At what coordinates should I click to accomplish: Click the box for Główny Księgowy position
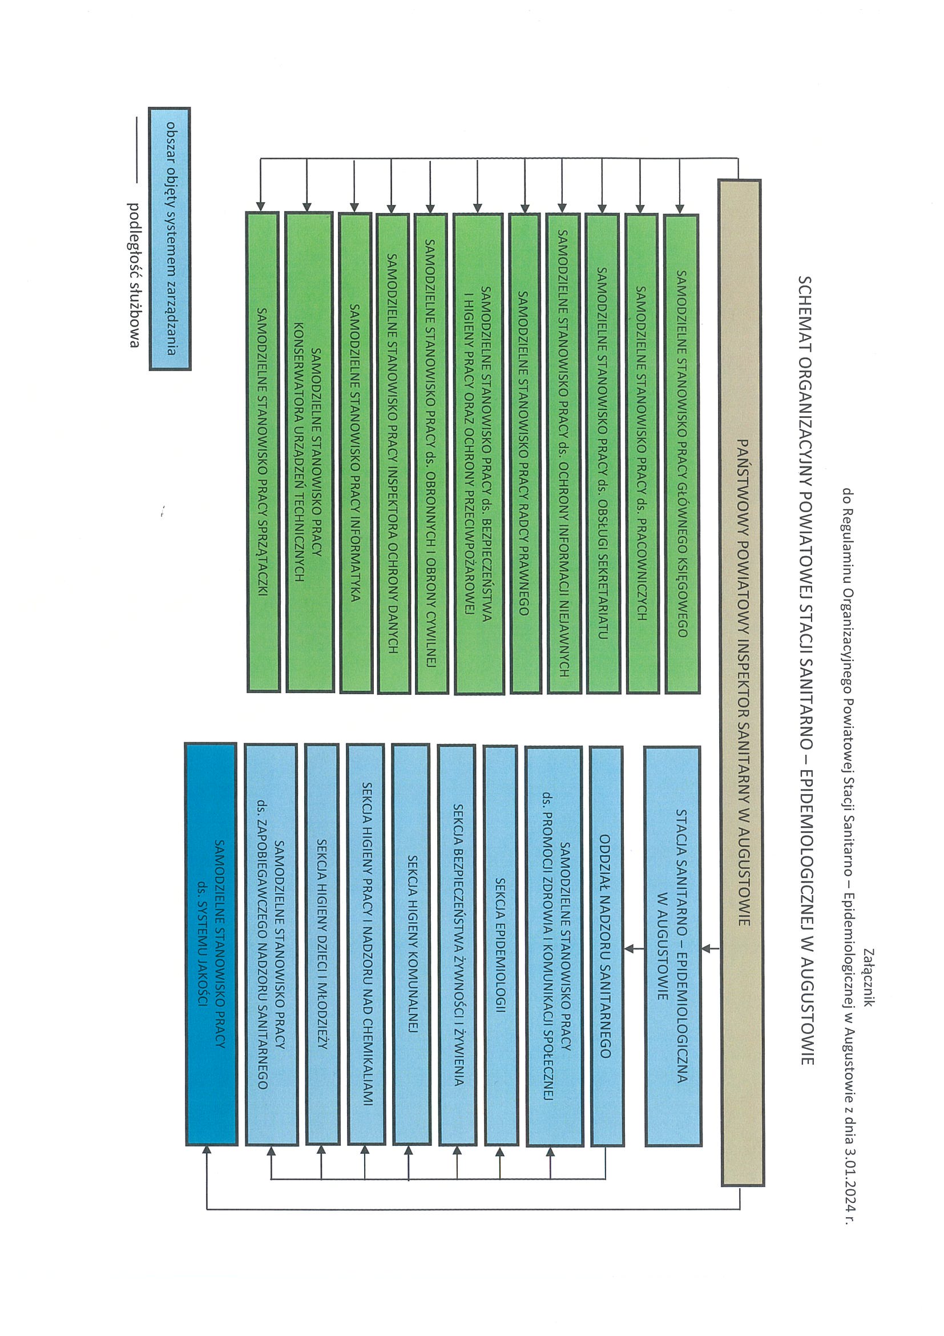tap(681, 454)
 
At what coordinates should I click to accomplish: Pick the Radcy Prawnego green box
tap(525, 454)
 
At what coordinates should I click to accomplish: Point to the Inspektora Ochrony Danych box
tap(393, 454)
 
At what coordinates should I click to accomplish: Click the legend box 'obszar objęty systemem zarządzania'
tap(170, 239)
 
